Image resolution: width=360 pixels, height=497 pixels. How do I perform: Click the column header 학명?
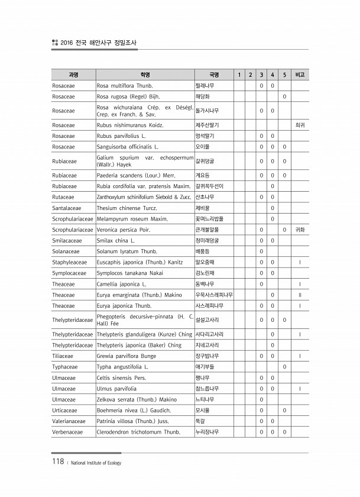[x=144, y=75]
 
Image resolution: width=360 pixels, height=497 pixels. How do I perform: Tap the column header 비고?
[x=300, y=75]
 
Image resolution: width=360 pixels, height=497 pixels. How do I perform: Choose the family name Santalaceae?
[x=66, y=208]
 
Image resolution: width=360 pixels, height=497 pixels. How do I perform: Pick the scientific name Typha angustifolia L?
[x=122, y=367]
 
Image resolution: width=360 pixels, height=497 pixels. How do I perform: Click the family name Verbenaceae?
[x=67, y=432]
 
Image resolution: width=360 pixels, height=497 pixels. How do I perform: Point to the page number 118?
[x=57, y=462]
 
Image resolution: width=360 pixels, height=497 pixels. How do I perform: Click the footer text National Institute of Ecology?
[x=95, y=463]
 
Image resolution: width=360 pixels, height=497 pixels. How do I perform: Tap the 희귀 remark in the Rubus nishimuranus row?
[x=300, y=125]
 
